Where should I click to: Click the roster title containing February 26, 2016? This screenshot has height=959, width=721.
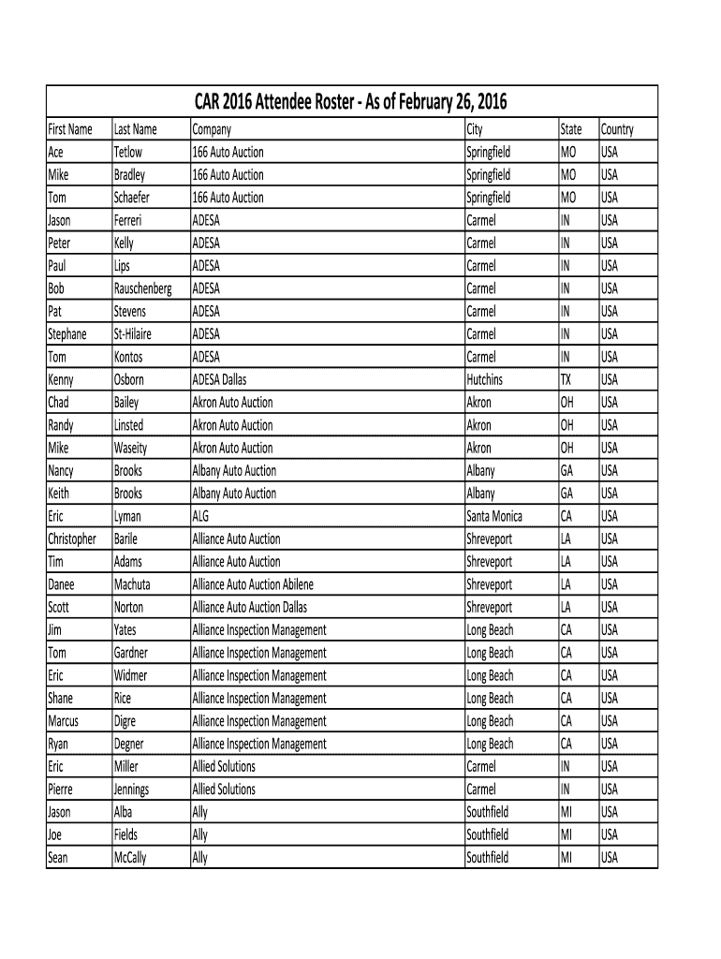[352, 102]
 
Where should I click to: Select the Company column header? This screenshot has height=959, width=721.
[211, 129]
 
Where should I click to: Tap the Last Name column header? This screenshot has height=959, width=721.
[135, 129]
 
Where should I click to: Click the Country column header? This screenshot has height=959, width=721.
[617, 129]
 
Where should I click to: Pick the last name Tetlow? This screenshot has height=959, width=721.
[128, 152]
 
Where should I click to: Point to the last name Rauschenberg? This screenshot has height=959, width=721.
[142, 288]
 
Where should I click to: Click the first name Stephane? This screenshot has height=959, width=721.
[66, 334]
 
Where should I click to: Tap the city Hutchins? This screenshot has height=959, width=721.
[484, 379]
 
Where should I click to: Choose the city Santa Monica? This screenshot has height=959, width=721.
[494, 516]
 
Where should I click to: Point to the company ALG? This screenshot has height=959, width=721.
[201, 516]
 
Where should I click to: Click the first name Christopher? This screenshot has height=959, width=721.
[71, 539]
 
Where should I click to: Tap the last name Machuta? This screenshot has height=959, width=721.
[132, 584]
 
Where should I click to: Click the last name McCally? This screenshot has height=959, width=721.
[130, 857]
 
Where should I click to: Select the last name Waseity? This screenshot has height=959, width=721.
[130, 448]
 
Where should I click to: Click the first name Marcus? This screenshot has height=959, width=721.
[63, 721]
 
